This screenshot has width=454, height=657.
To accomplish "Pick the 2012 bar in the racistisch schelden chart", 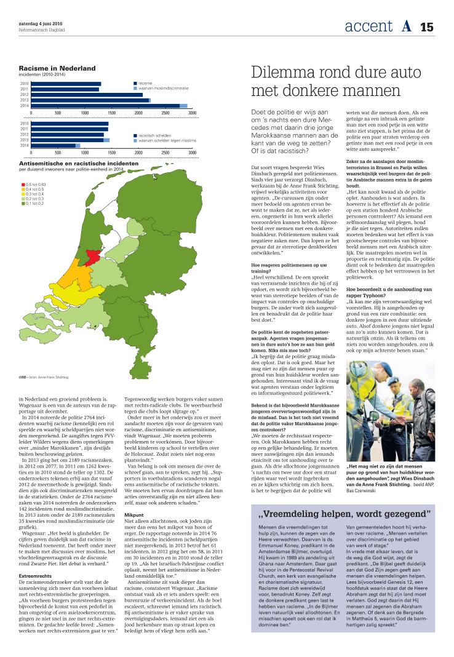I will [67, 134].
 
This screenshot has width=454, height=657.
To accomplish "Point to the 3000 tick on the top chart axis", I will [192, 113].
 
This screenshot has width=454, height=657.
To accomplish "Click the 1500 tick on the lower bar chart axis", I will [111, 152].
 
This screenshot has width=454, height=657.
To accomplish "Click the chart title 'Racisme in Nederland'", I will [57, 68].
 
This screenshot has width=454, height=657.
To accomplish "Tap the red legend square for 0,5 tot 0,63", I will [22, 184].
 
